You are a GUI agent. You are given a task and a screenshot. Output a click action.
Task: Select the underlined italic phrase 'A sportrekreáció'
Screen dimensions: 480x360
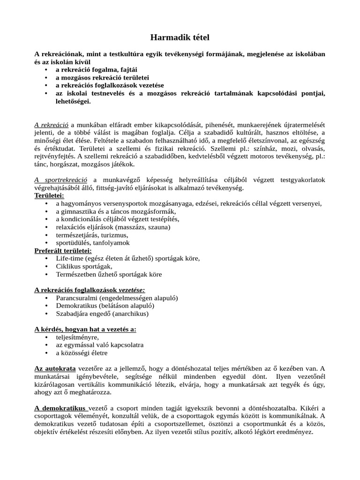pyautogui.click(x=61, y=180)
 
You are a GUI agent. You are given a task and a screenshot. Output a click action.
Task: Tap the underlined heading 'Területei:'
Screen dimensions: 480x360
pyautogui.click(x=50, y=195)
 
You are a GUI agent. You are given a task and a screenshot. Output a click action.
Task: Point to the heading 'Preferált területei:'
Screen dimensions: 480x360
pyautogui.click(x=63, y=251)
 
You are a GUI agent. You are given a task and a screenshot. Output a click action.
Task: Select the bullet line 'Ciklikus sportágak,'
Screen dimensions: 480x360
pyautogui.click(x=84, y=266)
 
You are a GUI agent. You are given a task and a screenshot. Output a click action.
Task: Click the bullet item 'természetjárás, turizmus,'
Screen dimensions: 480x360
pyautogui.click(x=92, y=235)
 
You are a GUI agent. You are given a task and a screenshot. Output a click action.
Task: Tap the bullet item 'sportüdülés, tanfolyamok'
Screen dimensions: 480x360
pyautogui.click(x=93, y=243)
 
